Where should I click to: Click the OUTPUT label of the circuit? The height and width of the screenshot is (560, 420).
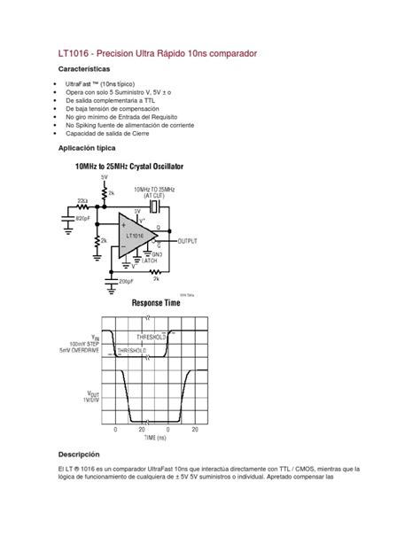pyautogui.click(x=189, y=239)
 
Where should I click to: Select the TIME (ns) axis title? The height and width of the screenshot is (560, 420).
pyautogui.click(x=152, y=437)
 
